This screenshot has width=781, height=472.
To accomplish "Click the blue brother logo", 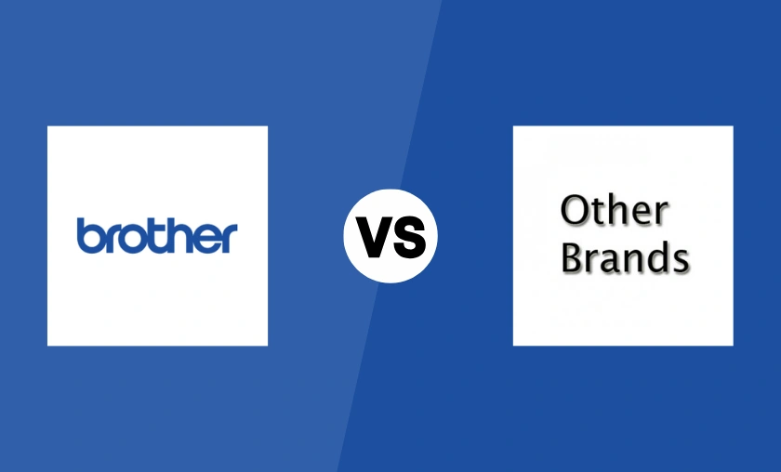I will point(157,236).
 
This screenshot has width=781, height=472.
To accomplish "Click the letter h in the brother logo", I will point(174,236).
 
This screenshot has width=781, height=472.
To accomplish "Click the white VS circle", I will point(390,236).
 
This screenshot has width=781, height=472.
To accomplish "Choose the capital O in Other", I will point(575,211).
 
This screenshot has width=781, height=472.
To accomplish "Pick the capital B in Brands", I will point(574,257).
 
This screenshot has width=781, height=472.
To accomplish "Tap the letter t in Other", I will point(596,212).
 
